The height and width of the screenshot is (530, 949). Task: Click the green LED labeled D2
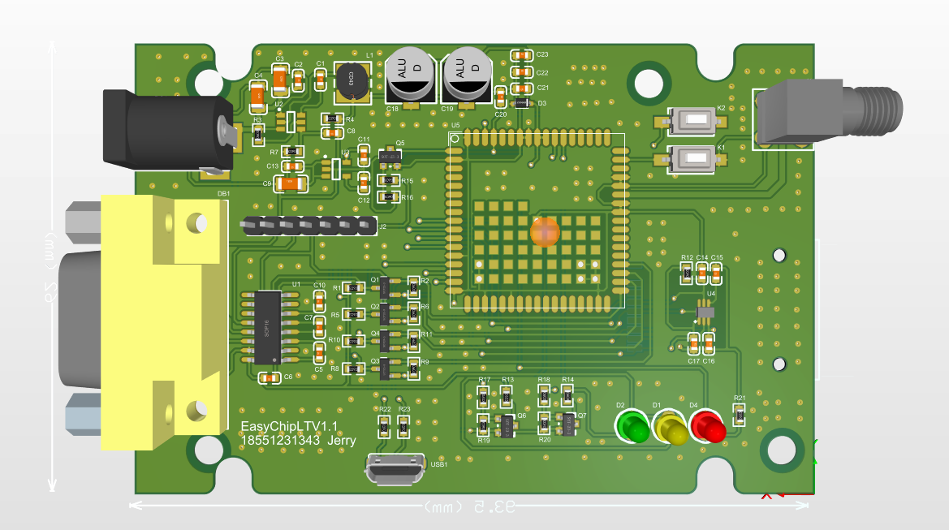click(633, 426)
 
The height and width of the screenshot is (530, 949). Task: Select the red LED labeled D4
click(708, 426)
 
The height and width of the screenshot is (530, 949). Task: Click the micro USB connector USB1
click(395, 470)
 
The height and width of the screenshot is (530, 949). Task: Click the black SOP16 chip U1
click(267, 328)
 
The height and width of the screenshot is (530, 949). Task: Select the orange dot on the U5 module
click(545, 231)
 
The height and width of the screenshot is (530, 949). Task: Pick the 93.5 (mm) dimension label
click(469, 506)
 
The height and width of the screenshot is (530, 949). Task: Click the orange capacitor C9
click(291, 184)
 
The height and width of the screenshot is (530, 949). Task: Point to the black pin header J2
click(308, 225)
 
